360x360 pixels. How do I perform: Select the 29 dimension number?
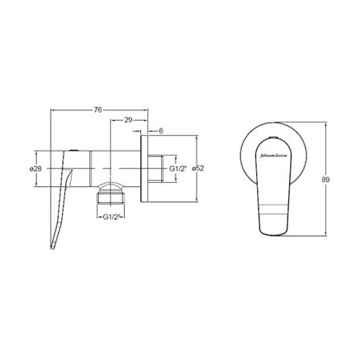[128, 120]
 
